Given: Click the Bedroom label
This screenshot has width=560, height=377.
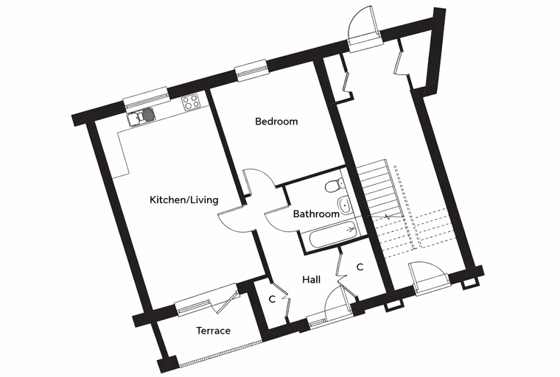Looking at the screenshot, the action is coord(276,121).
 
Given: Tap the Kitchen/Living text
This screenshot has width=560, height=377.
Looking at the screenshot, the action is coord(184,200).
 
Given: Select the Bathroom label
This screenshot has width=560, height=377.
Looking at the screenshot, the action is coord(316,214).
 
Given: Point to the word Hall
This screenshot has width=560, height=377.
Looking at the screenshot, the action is coord(311,279).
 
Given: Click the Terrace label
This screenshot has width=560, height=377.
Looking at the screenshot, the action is coord(213,331).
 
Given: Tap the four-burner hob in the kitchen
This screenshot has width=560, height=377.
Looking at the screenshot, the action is coord(191,102).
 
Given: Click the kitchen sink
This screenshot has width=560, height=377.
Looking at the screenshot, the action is coord(141,116).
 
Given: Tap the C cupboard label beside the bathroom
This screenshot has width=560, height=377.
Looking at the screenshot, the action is coord(360,267).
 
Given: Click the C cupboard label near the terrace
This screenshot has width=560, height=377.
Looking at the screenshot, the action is coord(272,299).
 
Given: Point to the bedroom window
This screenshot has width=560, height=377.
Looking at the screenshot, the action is coord(251,71).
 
